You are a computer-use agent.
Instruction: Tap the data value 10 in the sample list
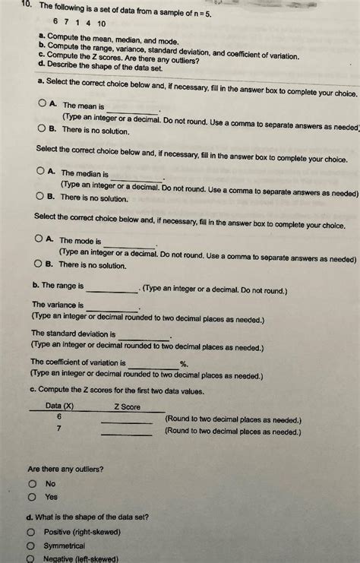click(x=100, y=22)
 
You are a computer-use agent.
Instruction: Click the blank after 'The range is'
click(x=112, y=289)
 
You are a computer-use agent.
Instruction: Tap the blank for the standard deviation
click(x=144, y=337)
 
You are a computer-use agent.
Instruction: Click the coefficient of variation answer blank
click(x=153, y=366)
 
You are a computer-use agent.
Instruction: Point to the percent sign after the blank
click(x=183, y=364)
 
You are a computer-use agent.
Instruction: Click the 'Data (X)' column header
click(x=60, y=406)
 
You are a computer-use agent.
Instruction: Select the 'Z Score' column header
click(x=128, y=406)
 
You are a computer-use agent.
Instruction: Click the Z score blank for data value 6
click(x=127, y=421)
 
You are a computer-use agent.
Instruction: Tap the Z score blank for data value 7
click(x=127, y=433)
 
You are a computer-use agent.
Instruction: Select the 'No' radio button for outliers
click(x=33, y=483)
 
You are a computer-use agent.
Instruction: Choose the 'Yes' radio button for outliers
click(x=33, y=497)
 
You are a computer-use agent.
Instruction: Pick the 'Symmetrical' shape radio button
click(x=31, y=546)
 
